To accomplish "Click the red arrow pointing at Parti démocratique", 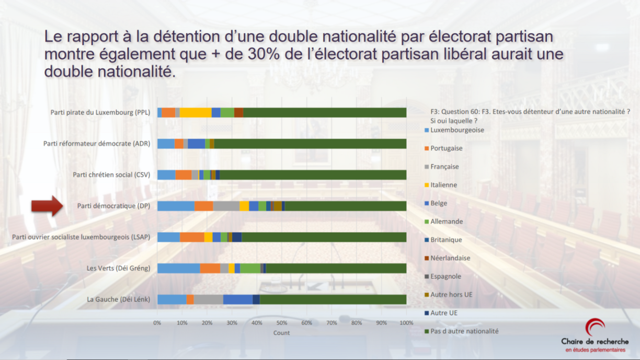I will pos(47,205).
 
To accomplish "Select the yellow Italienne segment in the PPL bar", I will pos(196,112).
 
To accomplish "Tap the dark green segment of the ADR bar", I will pos(310,144).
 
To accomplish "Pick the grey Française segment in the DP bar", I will pos(226,206).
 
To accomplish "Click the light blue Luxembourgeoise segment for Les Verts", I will pos(178,268).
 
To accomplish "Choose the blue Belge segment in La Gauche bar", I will pos(237,299).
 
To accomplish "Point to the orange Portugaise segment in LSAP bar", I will pos(192,237).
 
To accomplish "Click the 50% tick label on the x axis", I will pos(282,323).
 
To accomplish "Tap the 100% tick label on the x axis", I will pos(406,323).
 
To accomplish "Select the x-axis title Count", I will pos(281,333).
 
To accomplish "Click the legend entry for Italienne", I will pos(443,185).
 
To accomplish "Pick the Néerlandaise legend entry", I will pos(450,258).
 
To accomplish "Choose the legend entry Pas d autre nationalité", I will pos(464,331).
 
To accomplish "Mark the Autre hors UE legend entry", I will pos(451,295).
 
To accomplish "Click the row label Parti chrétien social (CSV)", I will pos(111,175).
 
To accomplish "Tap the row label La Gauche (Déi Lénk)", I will pos(119,299).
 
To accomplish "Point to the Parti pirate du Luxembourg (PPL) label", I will pos(100,112).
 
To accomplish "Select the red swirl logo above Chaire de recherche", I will pos(595,328).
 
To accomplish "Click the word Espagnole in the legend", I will pos(445,276).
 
